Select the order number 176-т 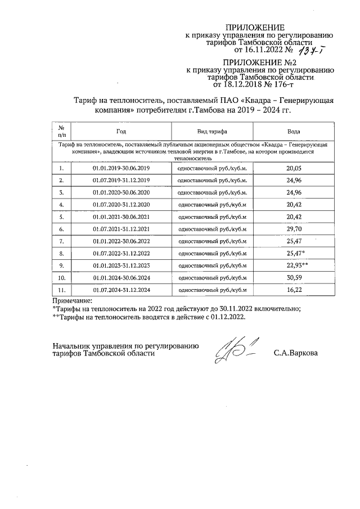280,85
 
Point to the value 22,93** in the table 296,264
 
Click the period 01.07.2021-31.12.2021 121,229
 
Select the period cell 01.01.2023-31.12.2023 121,265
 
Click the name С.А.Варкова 295,354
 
